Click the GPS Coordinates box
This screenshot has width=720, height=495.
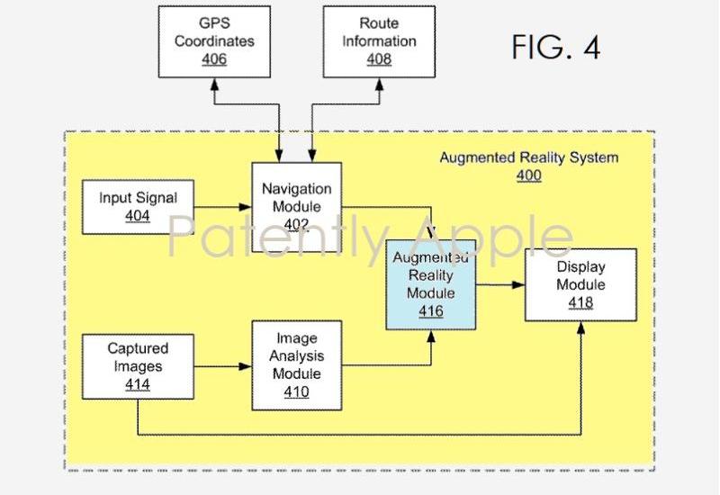pyautogui.click(x=214, y=40)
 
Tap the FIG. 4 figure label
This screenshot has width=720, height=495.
pyautogui.click(x=555, y=47)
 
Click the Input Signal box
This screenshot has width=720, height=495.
pyautogui.click(x=138, y=207)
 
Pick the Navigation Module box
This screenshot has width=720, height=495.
pyautogui.click(x=296, y=207)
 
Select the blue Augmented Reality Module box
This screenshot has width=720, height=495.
pyautogui.click(x=431, y=285)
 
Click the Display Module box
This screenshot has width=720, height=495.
pyautogui.click(x=580, y=285)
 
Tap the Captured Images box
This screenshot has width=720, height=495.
pyautogui.click(x=138, y=366)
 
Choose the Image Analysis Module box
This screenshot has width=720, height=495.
pyautogui.click(x=296, y=365)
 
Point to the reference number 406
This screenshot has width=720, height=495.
pyautogui.click(x=214, y=59)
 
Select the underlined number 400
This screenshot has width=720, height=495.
pyautogui.click(x=528, y=175)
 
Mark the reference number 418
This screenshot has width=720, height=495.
pyautogui.click(x=580, y=303)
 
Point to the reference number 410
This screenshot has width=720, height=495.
pyautogui.click(x=296, y=391)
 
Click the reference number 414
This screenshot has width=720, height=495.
pyautogui.click(x=138, y=385)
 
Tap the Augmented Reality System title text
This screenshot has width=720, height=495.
pyautogui.click(x=528, y=158)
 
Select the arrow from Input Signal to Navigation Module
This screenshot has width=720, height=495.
pyautogui.click(x=223, y=208)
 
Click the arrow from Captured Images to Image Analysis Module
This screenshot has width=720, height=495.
pyautogui.click(x=223, y=366)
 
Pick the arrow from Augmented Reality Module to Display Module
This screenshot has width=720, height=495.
pyautogui.click(x=500, y=285)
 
